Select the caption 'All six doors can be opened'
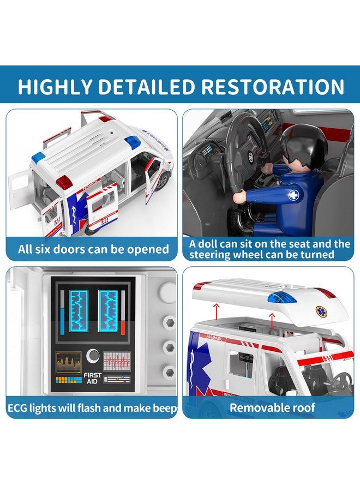[93, 249]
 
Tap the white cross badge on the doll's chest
[294, 195]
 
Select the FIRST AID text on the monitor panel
[93, 378]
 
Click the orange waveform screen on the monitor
[68, 362]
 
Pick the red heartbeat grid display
[118, 362]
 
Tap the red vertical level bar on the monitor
[123, 313]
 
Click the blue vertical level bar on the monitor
[62, 313]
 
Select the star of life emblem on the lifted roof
[320, 310]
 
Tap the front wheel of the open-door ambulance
[161, 180]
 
